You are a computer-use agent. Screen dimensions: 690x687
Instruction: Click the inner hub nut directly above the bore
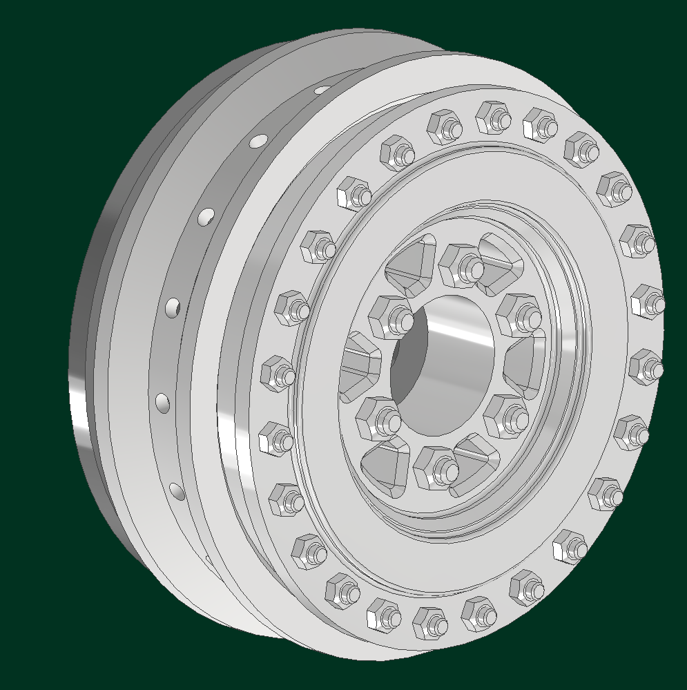coord(461,265)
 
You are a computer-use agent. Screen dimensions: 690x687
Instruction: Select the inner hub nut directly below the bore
coord(435,467)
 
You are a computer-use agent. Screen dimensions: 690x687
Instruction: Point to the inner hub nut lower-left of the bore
coord(378,417)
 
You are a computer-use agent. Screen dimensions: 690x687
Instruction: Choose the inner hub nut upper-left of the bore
coord(390,316)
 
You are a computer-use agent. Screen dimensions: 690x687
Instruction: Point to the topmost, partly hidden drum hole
coord(322,89)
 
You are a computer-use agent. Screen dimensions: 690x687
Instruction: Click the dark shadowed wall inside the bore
coord(407,376)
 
